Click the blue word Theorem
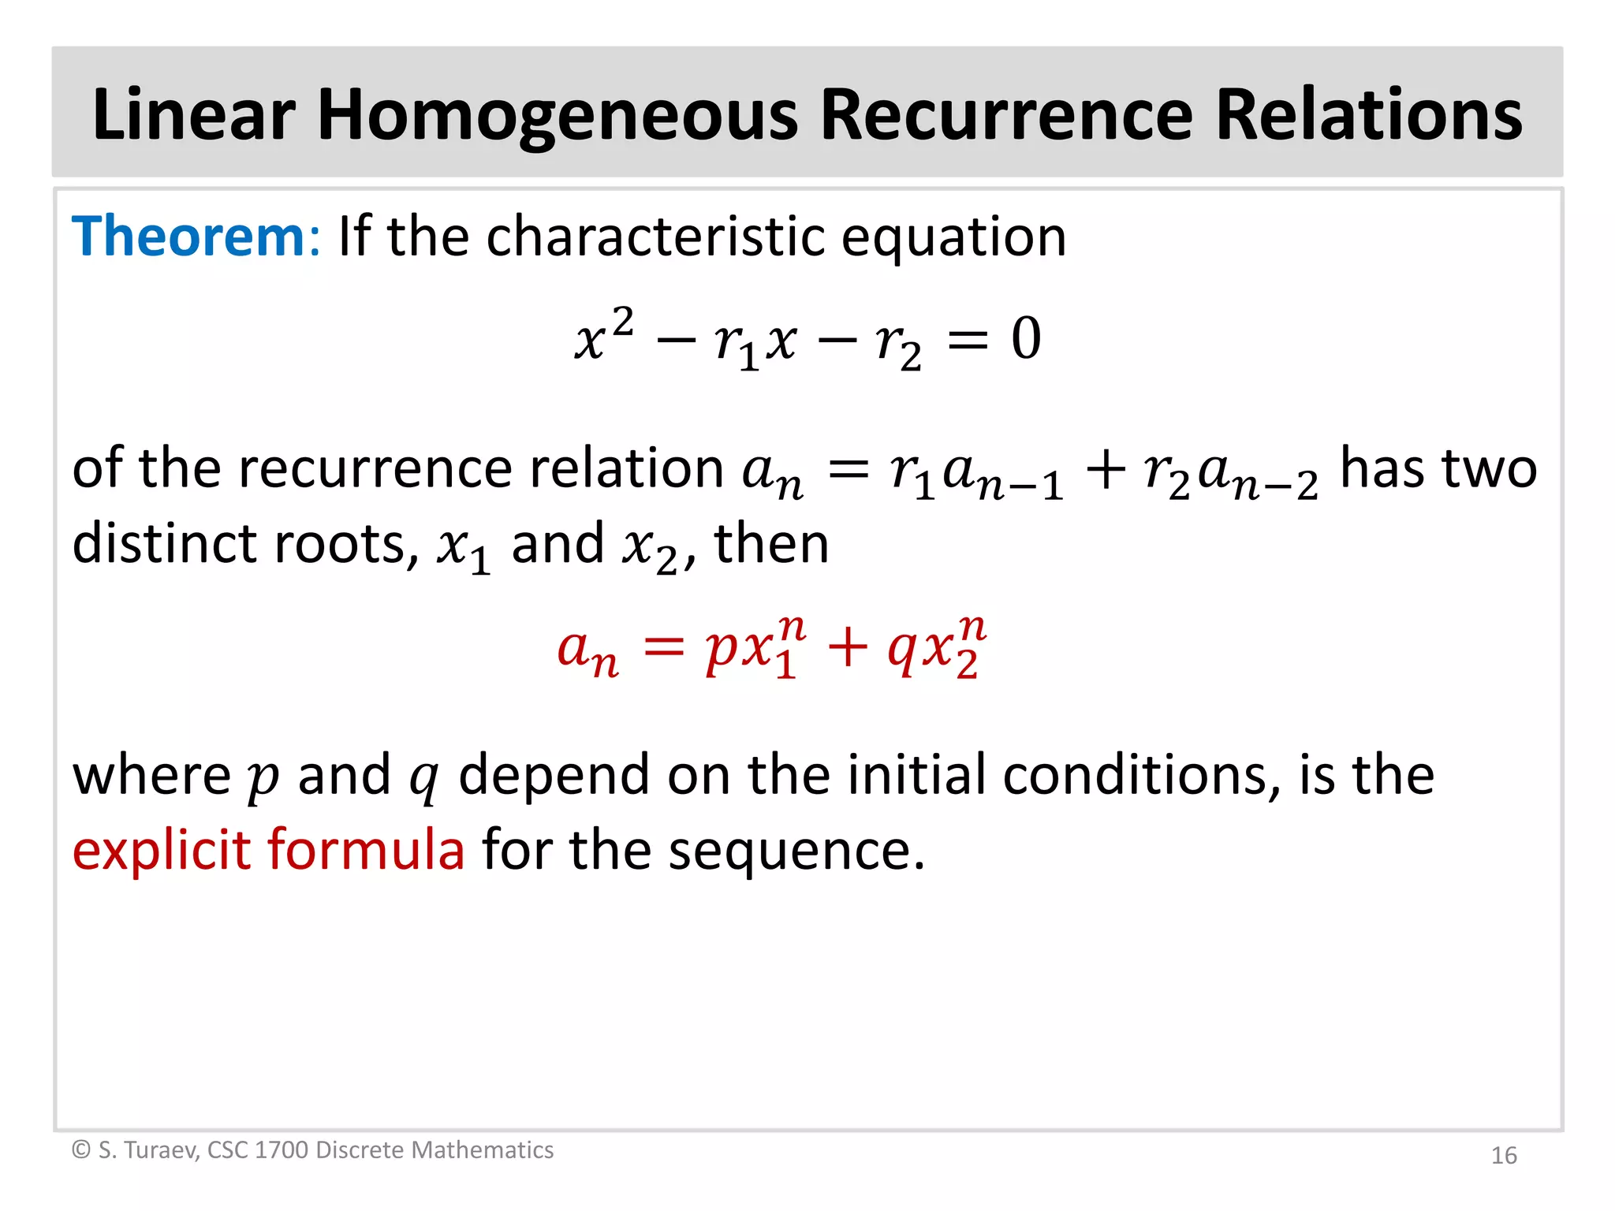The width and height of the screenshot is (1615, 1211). click(188, 237)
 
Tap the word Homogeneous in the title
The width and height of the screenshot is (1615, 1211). click(558, 116)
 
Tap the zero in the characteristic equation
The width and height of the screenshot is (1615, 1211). click(1026, 339)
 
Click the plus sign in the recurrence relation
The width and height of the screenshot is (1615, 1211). click(1106, 470)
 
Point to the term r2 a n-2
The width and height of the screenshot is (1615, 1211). click(1230, 473)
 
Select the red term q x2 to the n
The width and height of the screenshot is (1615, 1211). click(937, 648)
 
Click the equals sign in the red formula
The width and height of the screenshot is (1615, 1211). click(662, 648)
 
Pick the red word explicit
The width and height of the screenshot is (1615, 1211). click(161, 850)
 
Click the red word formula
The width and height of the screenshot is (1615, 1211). click(366, 850)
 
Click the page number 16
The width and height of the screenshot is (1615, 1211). click(1504, 1155)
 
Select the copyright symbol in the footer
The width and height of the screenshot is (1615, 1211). click(80, 1150)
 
